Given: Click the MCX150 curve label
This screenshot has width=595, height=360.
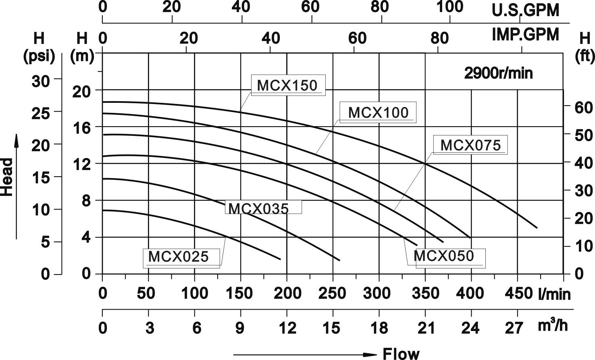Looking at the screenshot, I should (x=287, y=85).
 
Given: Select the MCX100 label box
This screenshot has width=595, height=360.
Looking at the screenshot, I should (x=378, y=112).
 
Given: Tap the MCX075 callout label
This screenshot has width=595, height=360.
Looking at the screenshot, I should (x=470, y=145).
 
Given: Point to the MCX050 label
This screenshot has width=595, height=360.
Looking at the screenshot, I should (x=444, y=256).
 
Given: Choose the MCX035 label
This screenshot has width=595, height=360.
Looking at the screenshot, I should (x=258, y=208).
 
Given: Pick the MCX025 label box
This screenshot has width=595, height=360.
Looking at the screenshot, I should (x=178, y=257).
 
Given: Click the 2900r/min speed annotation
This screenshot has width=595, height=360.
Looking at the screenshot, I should (x=498, y=73).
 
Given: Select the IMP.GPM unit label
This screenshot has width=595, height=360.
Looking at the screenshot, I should (x=525, y=35).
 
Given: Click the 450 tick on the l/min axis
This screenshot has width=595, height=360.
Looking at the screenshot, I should (x=518, y=293).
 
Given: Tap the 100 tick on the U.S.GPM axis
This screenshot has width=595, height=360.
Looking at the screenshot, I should (x=450, y=7).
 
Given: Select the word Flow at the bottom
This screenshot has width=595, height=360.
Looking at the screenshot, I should (x=401, y=354).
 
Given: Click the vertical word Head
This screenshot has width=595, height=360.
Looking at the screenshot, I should (x=7, y=177).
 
